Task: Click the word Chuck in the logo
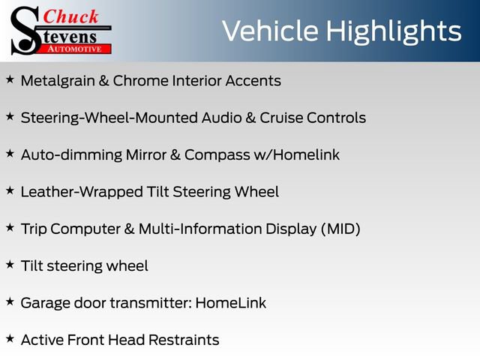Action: (70, 16)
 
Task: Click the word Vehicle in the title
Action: (270, 31)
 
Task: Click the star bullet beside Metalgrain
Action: (10, 79)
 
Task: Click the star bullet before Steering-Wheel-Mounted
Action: (10, 117)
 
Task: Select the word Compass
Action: (217, 155)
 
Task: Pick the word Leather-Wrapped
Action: (82, 193)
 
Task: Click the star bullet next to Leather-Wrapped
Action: (10, 190)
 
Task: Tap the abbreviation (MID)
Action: (340, 229)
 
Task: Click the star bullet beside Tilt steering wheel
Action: (10, 265)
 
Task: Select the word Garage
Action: (46, 304)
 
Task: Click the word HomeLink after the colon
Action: (231, 303)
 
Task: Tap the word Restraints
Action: (184, 340)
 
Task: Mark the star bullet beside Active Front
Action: (10, 339)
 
